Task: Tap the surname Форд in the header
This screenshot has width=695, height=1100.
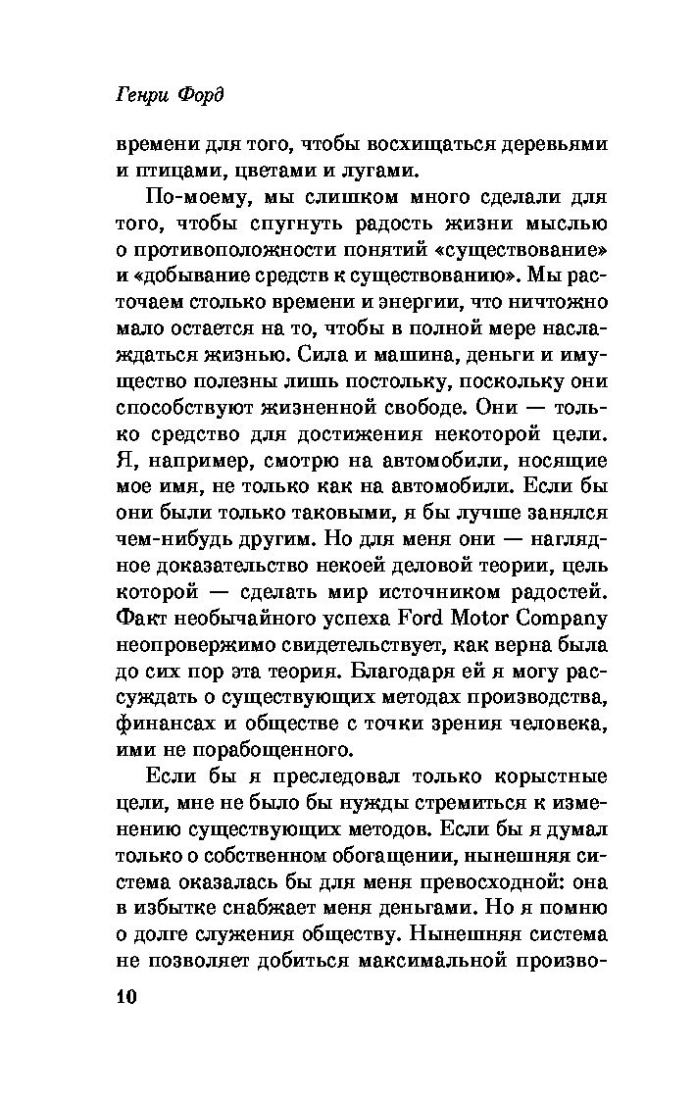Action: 202,96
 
